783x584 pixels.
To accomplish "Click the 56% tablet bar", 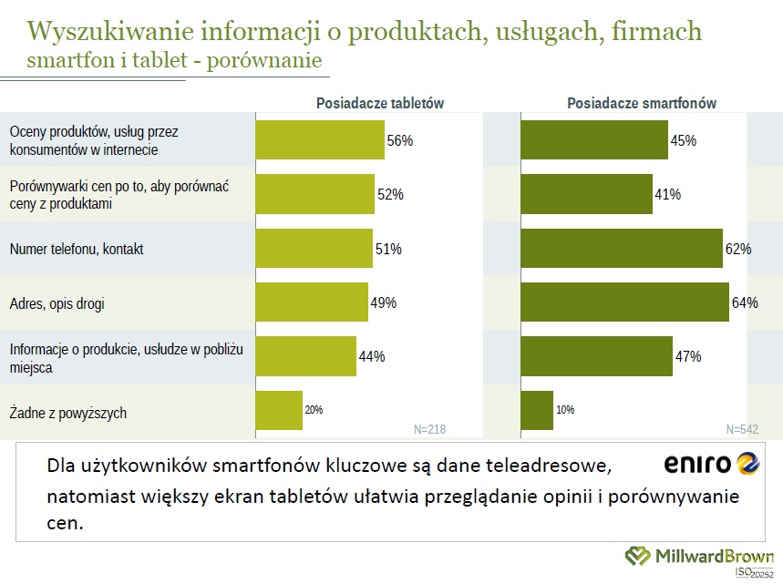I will click(x=319, y=140).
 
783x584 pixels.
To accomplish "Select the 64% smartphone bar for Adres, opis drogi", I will click(x=624, y=302).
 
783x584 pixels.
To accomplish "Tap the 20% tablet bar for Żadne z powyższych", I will click(x=279, y=411).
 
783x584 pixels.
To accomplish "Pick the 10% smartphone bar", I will click(x=537, y=411).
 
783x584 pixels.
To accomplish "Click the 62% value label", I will click(x=738, y=249).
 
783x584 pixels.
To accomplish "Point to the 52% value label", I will click(x=390, y=194).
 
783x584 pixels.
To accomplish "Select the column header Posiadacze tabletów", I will click(x=380, y=104).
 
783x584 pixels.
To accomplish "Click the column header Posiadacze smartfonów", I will click(x=642, y=104).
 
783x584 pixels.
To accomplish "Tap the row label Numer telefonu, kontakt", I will click(x=77, y=249).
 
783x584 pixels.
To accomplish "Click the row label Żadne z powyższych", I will click(x=67, y=413).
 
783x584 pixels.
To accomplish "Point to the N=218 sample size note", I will click(x=430, y=429).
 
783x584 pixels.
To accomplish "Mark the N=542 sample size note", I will click(x=743, y=429).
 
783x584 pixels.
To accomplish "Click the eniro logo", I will click(x=711, y=465).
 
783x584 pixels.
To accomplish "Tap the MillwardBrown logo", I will click(x=699, y=556).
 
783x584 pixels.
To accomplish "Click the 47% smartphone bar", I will click(x=596, y=356).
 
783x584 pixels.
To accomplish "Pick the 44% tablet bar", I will click(x=305, y=356).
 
